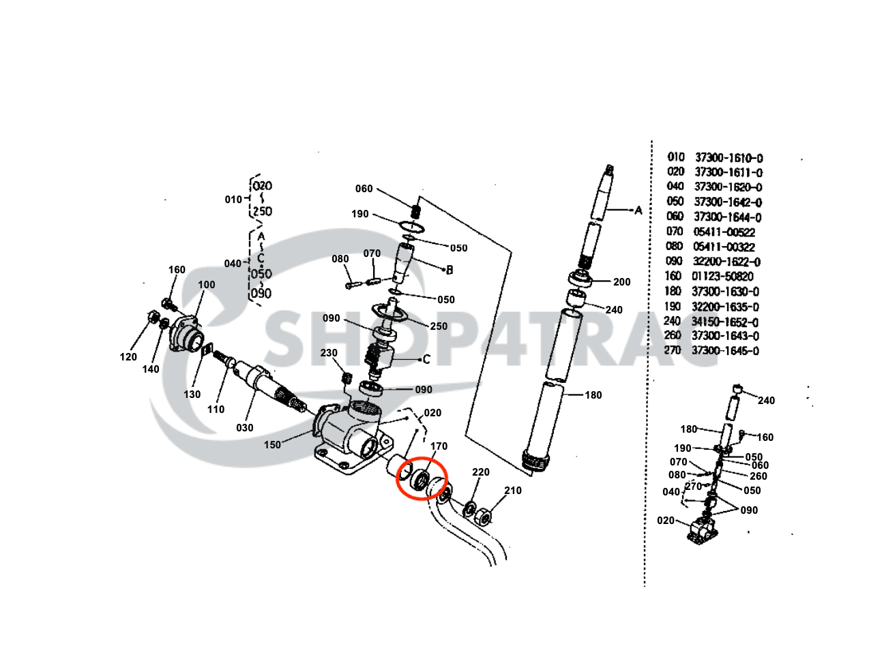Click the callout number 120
click(x=128, y=357)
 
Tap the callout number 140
click(x=151, y=369)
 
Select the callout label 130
click(x=192, y=395)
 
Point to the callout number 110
click(x=216, y=410)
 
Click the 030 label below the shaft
click(x=244, y=428)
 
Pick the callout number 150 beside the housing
click(x=272, y=445)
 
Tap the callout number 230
click(x=329, y=353)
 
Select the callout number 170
click(x=439, y=446)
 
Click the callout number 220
click(x=481, y=472)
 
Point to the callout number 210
click(x=512, y=491)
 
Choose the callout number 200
click(x=621, y=282)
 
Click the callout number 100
click(x=206, y=285)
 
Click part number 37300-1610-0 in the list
click(x=728, y=158)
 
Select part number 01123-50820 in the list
click(x=723, y=277)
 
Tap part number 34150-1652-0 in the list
click(x=725, y=322)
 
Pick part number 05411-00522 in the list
click(x=724, y=232)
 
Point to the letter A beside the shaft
click(x=638, y=211)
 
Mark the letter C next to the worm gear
click(x=426, y=359)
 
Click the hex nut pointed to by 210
click(x=483, y=517)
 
